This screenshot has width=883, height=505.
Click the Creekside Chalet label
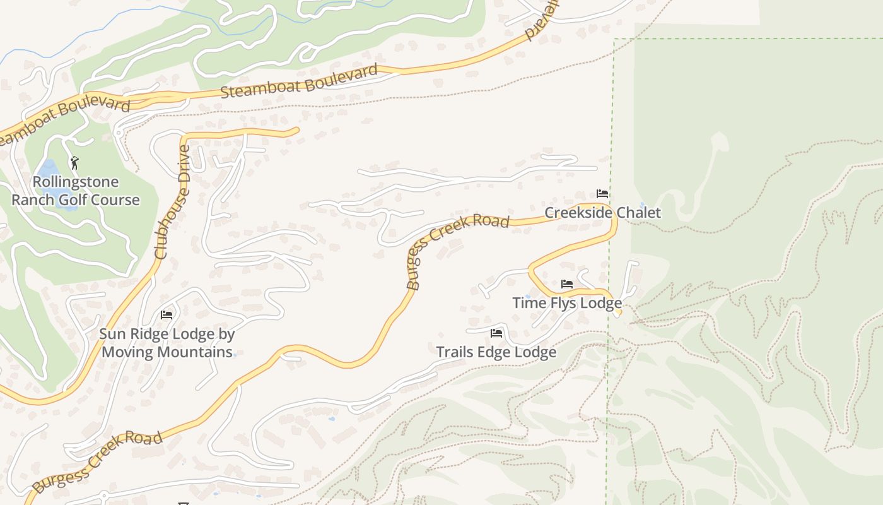[x=602, y=213]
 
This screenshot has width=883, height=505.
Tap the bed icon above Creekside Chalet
[x=602, y=194]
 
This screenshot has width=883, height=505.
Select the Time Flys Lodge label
[x=567, y=303]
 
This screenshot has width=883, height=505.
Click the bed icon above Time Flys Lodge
[x=567, y=284]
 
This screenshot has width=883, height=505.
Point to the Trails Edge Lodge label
[x=496, y=352]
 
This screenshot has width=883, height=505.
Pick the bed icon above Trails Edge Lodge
[x=496, y=333]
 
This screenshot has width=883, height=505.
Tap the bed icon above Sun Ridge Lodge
[x=167, y=314]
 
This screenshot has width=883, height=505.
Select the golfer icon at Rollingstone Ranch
[x=74, y=163]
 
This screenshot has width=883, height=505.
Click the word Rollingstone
[x=76, y=182]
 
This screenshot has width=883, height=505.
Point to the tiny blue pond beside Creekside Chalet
[x=642, y=205]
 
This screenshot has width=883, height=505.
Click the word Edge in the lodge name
[x=496, y=352]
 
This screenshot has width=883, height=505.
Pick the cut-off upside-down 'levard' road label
[x=542, y=20]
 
